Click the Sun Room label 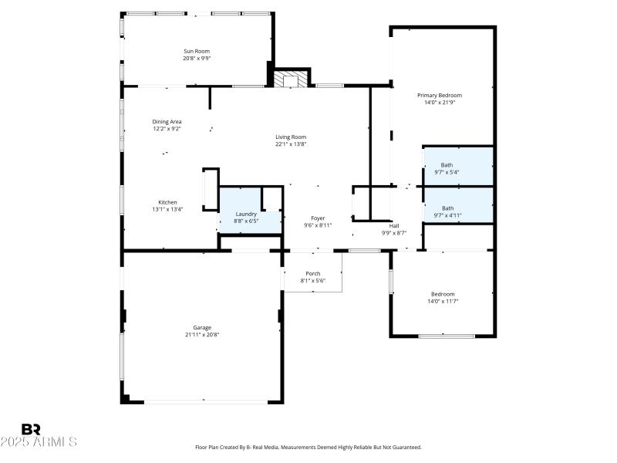[x=197, y=51]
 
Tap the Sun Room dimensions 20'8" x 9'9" [x=197, y=58]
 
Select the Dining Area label [x=167, y=122]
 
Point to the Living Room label [x=292, y=137]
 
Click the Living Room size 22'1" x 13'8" [x=292, y=144]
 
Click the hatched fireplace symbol [x=292, y=79]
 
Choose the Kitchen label [x=167, y=202]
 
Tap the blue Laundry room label [x=246, y=214]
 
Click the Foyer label [x=318, y=218]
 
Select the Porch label [x=313, y=273]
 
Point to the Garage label [x=202, y=327]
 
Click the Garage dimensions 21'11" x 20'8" [x=202, y=334]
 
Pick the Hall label [x=393, y=225]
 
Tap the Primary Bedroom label [x=440, y=95]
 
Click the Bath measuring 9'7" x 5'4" [x=447, y=168]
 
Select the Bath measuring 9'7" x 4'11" [x=447, y=211]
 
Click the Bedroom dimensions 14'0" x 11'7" [x=443, y=301]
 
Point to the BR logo [x=31, y=429]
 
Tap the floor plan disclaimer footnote [x=308, y=447]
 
